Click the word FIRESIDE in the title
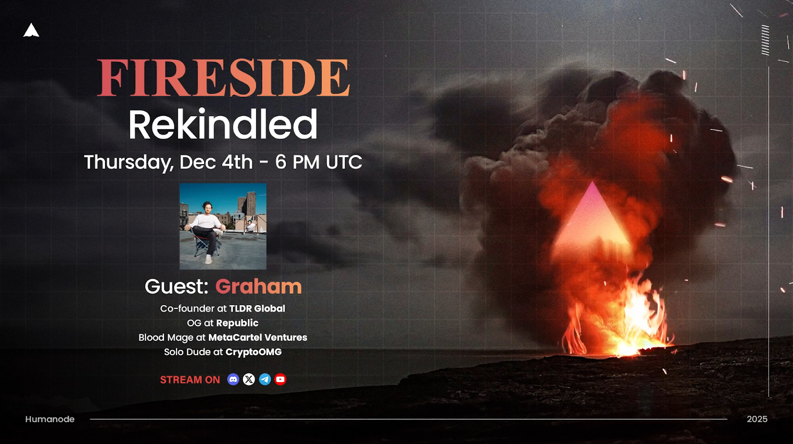pyautogui.click(x=224, y=77)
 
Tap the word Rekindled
pyautogui.click(x=223, y=125)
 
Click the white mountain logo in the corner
pyautogui.click(x=31, y=30)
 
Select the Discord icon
pyautogui.click(x=233, y=380)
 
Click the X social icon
pyautogui.click(x=249, y=380)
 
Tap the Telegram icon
pyautogui.click(x=265, y=380)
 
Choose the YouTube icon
pyautogui.click(x=281, y=380)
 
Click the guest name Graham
pyautogui.click(x=258, y=286)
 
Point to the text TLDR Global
pyautogui.click(x=257, y=309)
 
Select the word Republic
pyautogui.click(x=237, y=323)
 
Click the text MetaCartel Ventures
pyautogui.click(x=258, y=338)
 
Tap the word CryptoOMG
pyautogui.click(x=253, y=352)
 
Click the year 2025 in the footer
pyautogui.click(x=757, y=419)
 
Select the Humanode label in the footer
pyautogui.click(x=50, y=419)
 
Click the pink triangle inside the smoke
pyautogui.click(x=592, y=221)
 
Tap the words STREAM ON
pyautogui.click(x=190, y=380)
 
